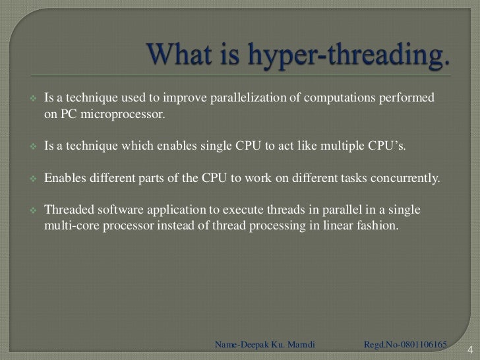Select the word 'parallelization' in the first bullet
coord(247,99)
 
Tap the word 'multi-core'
coord(69,225)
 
